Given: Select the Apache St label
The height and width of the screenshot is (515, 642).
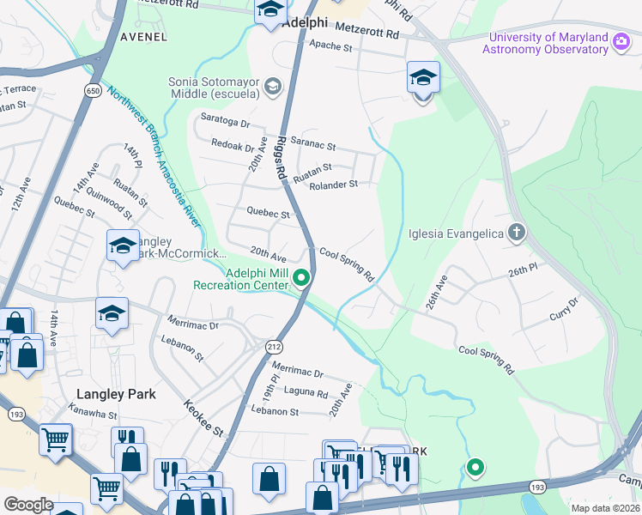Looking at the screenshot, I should pyautogui.click(x=330, y=45).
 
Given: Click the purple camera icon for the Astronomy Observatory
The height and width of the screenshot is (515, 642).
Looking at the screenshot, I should pyautogui.click(x=621, y=40).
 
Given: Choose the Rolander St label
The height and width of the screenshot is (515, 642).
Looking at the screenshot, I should pyautogui.click(x=333, y=185).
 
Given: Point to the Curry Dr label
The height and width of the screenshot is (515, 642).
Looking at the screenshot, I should pyautogui.click(x=565, y=311).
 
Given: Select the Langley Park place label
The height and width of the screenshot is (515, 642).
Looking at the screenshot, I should pyautogui.click(x=116, y=394).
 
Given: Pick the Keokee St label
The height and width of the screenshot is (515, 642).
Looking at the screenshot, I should pyautogui.click(x=203, y=418).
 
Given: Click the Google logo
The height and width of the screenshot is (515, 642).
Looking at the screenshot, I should pyautogui.click(x=28, y=505).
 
